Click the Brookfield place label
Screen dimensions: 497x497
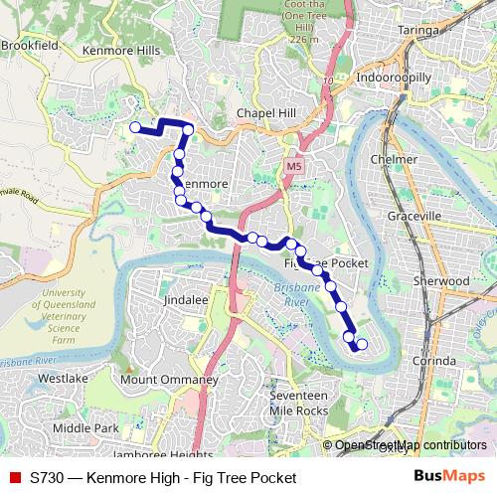31,45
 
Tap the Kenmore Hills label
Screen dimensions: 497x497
120,49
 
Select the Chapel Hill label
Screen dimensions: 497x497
266,113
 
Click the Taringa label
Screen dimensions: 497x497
418,30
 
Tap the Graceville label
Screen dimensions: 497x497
414,216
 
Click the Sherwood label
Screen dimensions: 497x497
441,281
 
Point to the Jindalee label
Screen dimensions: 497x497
185,298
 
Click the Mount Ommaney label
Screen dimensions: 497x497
169,380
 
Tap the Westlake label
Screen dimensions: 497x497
64,378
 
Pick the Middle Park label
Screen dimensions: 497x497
85,428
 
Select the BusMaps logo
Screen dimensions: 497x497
449,477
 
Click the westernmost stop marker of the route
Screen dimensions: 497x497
135,126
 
